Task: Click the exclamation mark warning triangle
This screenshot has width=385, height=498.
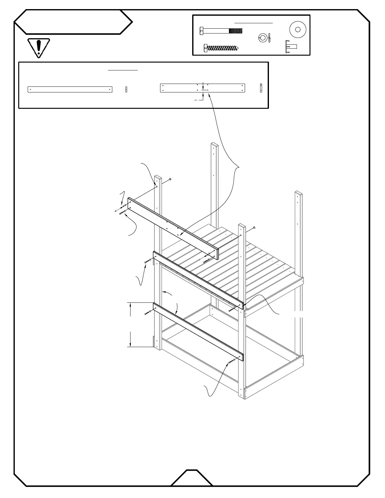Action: tap(38, 47)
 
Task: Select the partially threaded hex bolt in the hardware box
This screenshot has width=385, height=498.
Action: tap(221, 31)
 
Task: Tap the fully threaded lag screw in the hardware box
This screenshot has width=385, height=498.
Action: tap(221, 48)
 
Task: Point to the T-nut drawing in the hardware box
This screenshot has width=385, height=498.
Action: tap(291, 47)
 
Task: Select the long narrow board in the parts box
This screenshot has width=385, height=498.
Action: tap(70, 89)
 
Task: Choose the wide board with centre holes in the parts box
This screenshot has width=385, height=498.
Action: tap(202, 88)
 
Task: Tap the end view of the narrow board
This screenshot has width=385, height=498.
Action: tap(126, 89)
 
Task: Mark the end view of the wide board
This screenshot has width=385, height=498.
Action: tap(261, 88)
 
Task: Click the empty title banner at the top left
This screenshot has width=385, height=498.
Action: tap(73, 22)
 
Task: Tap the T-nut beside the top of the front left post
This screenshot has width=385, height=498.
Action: tap(170, 179)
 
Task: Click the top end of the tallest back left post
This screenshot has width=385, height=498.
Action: tap(215, 145)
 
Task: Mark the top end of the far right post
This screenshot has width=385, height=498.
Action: tap(299, 193)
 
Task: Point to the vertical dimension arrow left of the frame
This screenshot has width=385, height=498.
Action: tap(131, 325)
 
